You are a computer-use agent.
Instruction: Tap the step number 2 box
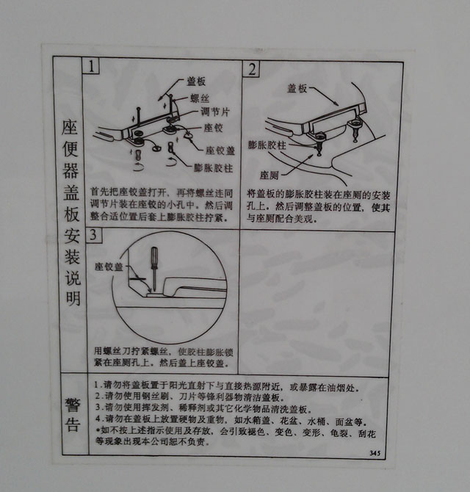click(x=252, y=70)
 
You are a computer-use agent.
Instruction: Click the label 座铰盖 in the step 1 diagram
click(x=219, y=151)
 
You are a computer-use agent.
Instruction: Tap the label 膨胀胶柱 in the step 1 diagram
click(x=213, y=167)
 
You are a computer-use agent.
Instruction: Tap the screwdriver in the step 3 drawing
click(x=154, y=264)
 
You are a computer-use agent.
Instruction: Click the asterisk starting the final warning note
click(x=98, y=433)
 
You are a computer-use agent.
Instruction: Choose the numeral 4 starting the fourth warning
click(x=98, y=421)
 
